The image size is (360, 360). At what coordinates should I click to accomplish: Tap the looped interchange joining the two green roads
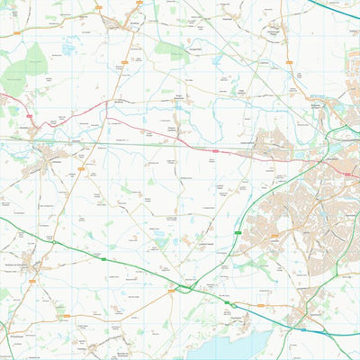188,287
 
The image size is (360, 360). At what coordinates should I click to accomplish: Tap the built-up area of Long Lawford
270,144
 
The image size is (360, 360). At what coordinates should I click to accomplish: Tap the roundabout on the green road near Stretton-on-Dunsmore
54,242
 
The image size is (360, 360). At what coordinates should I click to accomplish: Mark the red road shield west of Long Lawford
216,149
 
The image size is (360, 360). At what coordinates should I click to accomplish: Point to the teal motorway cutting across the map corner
337,8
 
